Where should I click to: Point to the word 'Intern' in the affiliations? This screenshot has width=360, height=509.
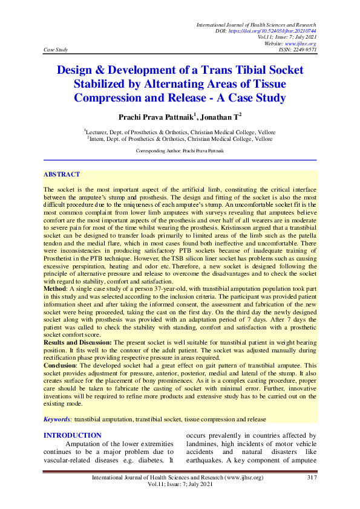tap(96, 138)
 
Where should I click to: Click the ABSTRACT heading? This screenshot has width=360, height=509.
tap(61, 174)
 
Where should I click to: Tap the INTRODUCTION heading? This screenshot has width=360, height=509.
tap(73, 435)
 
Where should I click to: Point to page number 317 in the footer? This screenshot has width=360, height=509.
tap(312, 478)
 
